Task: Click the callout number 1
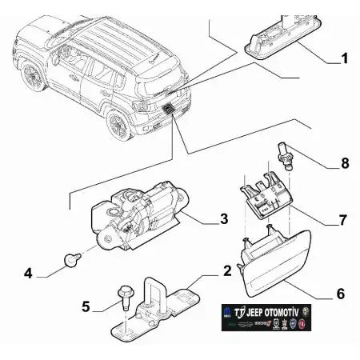[x=344, y=59]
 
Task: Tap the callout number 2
[x=227, y=272]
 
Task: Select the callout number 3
[x=225, y=218]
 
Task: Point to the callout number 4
[x=28, y=274]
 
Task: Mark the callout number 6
[x=339, y=294]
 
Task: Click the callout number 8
[x=344, y=163]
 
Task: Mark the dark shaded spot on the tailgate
[x=170, y=108]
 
